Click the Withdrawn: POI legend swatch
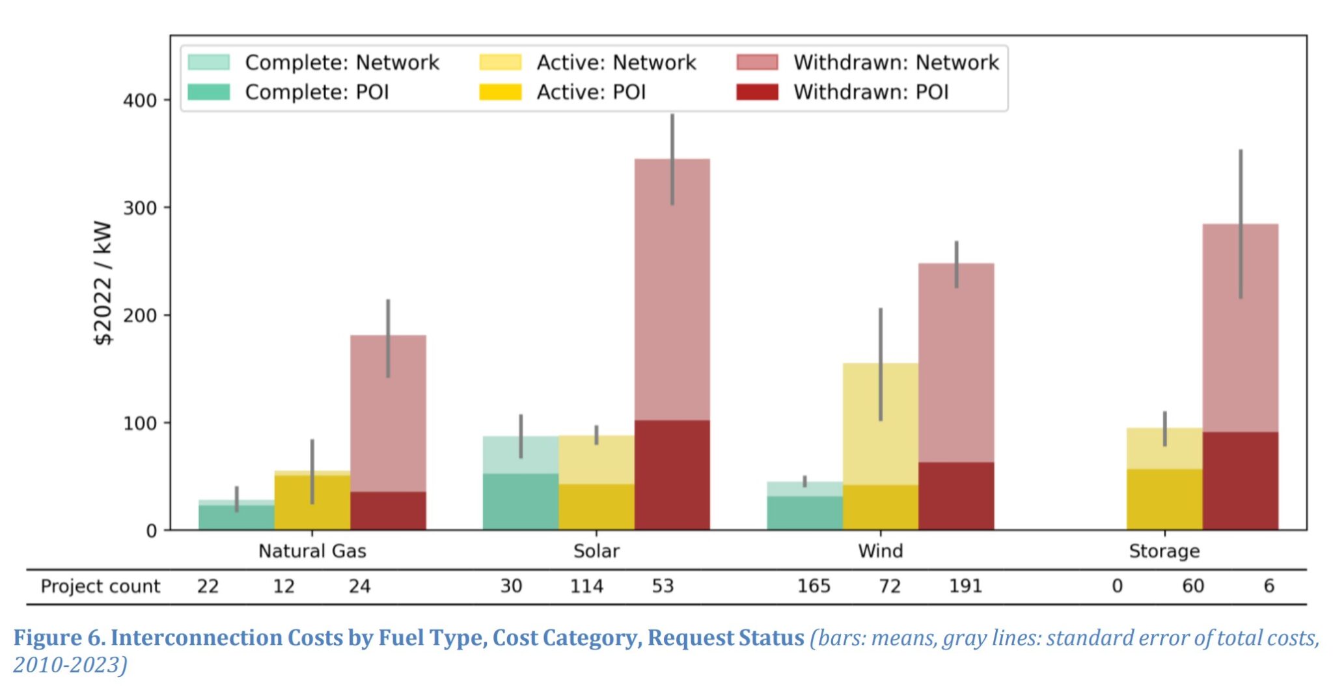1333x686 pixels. pyautogui.click(x=756, y=92)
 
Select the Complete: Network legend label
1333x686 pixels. pyautogui.click(x=342, y=62)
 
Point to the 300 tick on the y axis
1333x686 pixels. pyautogui.click(x=140, y=208)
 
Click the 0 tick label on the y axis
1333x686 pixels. pyautogui.click(x=151, y=531)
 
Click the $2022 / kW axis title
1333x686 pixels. pyautogui.click(x=103, y=283)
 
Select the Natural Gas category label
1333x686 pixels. pyautogui.click(x=312, y=551)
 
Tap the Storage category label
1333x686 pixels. pyautogui.click(x=1164, y=551)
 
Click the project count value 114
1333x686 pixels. pyautogui.click(x=586, y=586)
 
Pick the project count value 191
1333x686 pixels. pyautogui.click(x=965, y=586)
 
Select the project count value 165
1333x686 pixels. pyautogui.click(x=814, y=586)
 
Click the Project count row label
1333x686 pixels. pyautogui.click(x=100, y=586)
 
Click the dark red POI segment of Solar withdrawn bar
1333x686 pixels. pyautogui.click(x=672, y=475)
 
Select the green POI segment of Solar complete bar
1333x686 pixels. pyautogui.click(x=520, y=501)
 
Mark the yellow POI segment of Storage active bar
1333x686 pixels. pyautogui.click(x=1164, y=499)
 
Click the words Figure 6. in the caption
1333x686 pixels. pyautogui.click(x=59, y=638)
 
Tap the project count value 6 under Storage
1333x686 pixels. pyautogui.click(x=1269, y=586)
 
